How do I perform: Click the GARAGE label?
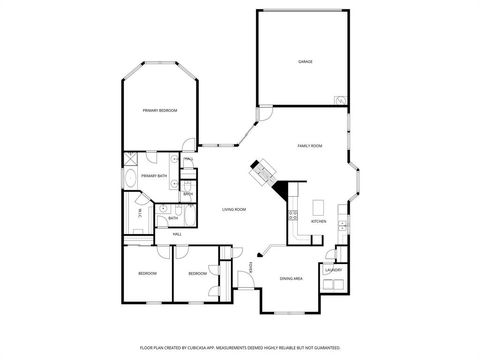coord(305,62)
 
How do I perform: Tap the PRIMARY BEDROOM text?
coord(159,110)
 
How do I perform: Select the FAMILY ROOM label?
coord(309,146)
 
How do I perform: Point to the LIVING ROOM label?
coord(234,209)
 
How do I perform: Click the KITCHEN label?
coord(319,221)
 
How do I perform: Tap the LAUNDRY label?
coord(334,269)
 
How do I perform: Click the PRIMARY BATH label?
coord(153,176)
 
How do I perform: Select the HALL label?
coord(176,234)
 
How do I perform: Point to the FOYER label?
coord(251,265)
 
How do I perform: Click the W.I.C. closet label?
coord(139,212)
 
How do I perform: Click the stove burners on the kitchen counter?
coord(293,214)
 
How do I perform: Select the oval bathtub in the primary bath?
coord(131,180)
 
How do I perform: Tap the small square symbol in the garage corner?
coord(340,100)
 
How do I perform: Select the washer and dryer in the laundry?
coord(333,285)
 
